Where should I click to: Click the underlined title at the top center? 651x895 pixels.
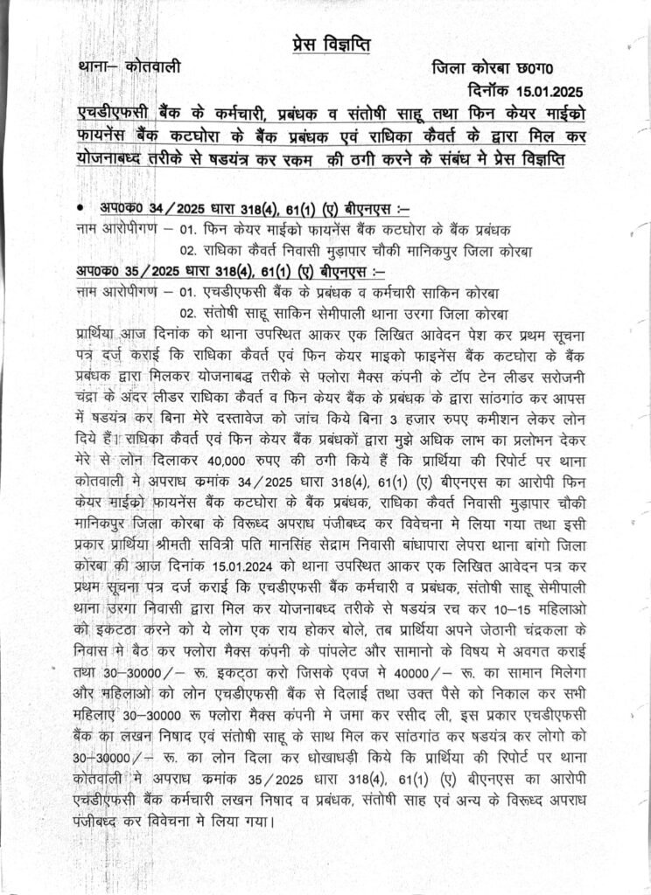coord(325,45)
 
